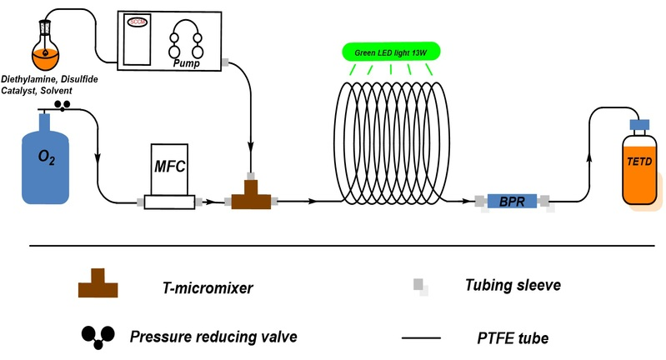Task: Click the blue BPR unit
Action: (x=512, y=201)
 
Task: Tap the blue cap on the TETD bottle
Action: (x=639, y=126)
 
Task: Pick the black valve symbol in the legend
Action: (x=97, y=334)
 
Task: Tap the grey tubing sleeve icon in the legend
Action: (x=422, y=286)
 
